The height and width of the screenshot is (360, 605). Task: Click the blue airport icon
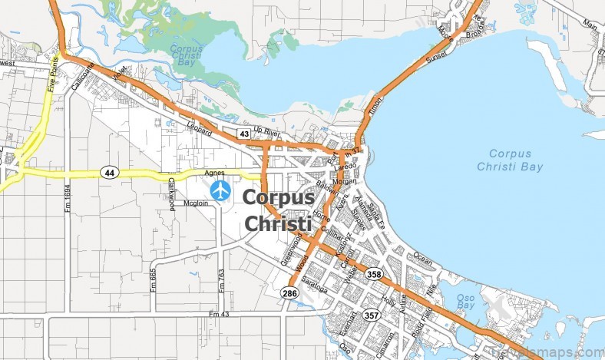(x=220, y=190)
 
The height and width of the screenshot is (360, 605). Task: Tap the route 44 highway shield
(x=111, y=173)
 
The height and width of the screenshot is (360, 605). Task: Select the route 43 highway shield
(x=243, y=134)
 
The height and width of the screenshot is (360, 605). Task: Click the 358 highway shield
(x=374, y=274)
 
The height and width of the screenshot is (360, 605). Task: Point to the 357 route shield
(x=371, y=315)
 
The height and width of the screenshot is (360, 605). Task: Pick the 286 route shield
(x=289, y=293)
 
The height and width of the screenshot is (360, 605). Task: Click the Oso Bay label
(x=466, y=302)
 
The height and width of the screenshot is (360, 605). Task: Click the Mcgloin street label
(x=196, y=203)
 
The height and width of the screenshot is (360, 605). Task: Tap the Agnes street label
(x=216, y=173)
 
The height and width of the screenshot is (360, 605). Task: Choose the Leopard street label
(x=199, y=129)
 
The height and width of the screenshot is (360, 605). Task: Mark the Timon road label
(x=375, y=107)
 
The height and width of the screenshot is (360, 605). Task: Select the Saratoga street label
(x=314, y=284)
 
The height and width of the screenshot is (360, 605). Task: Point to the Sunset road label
(x=437, y=57)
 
